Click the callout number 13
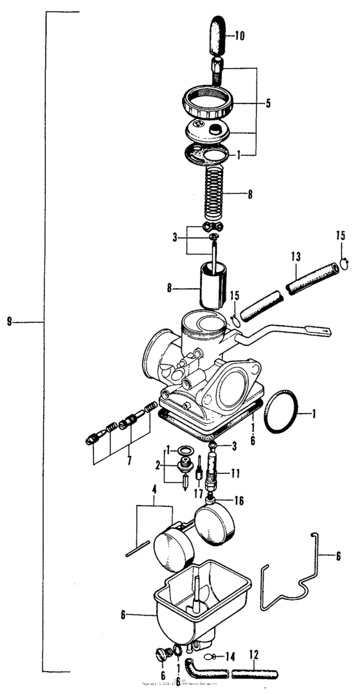point(296,257)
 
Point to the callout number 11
point(235,473)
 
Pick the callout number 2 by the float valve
point(156,464)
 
